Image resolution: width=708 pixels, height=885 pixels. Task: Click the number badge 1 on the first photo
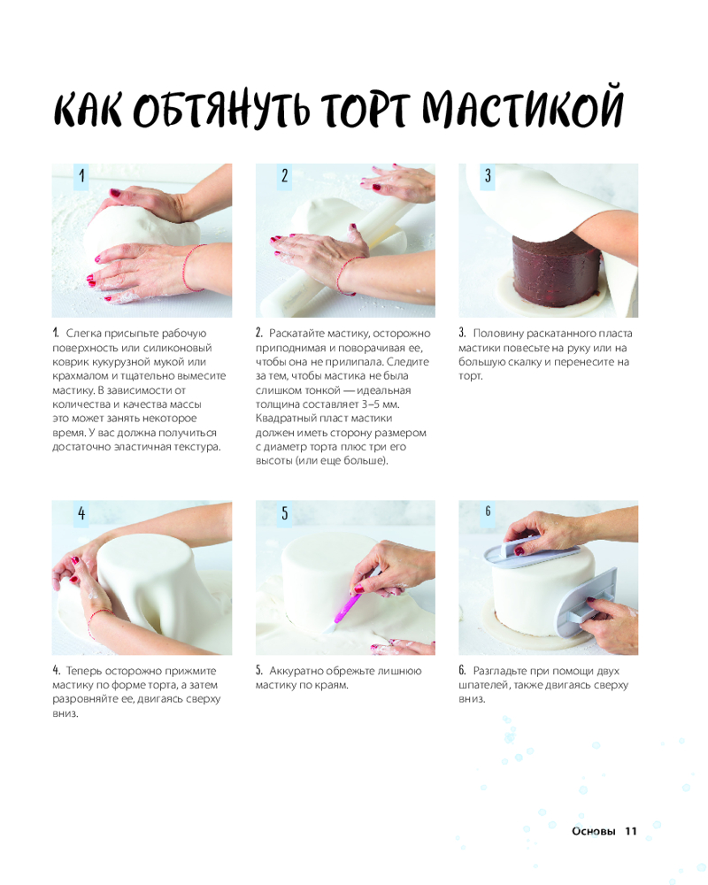click(82, 176)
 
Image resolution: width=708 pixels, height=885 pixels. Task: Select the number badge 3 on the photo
click(488, 176)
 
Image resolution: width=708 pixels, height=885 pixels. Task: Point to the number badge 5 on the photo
click(285, 513)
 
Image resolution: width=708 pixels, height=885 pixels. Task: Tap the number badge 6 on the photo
click(488, 511)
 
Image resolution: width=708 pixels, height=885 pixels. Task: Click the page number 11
click(630, 831)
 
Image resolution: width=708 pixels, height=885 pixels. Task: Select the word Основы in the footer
click(593, 831)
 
